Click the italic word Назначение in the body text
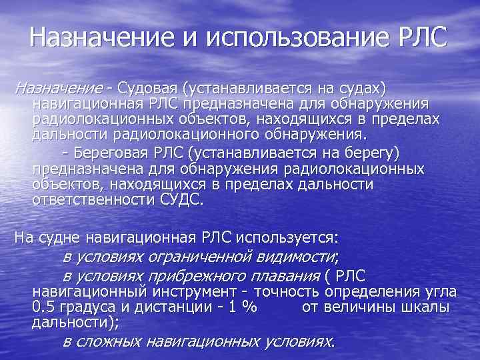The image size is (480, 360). click(58, 89)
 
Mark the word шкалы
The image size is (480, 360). click(427, 307)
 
